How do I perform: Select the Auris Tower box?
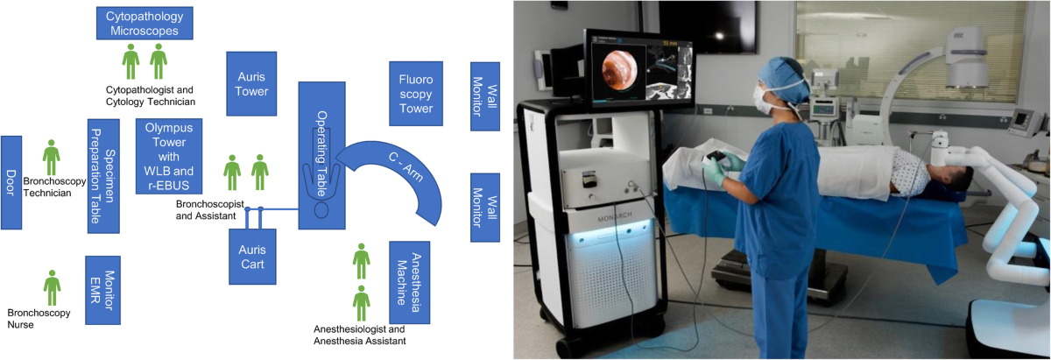(x=251, y=83)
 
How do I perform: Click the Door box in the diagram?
(x=11, y=182)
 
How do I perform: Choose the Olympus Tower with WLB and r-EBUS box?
(x=168, y=156)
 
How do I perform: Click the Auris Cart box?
(x=251, y=256)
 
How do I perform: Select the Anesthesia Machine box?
(x=409, y=281)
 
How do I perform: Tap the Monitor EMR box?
(x=102, y=290)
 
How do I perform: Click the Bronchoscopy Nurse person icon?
(x=53, y=286)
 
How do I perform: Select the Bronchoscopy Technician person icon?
(x=52, y=157)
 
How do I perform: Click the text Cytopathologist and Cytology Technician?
(x=150, y=95)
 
